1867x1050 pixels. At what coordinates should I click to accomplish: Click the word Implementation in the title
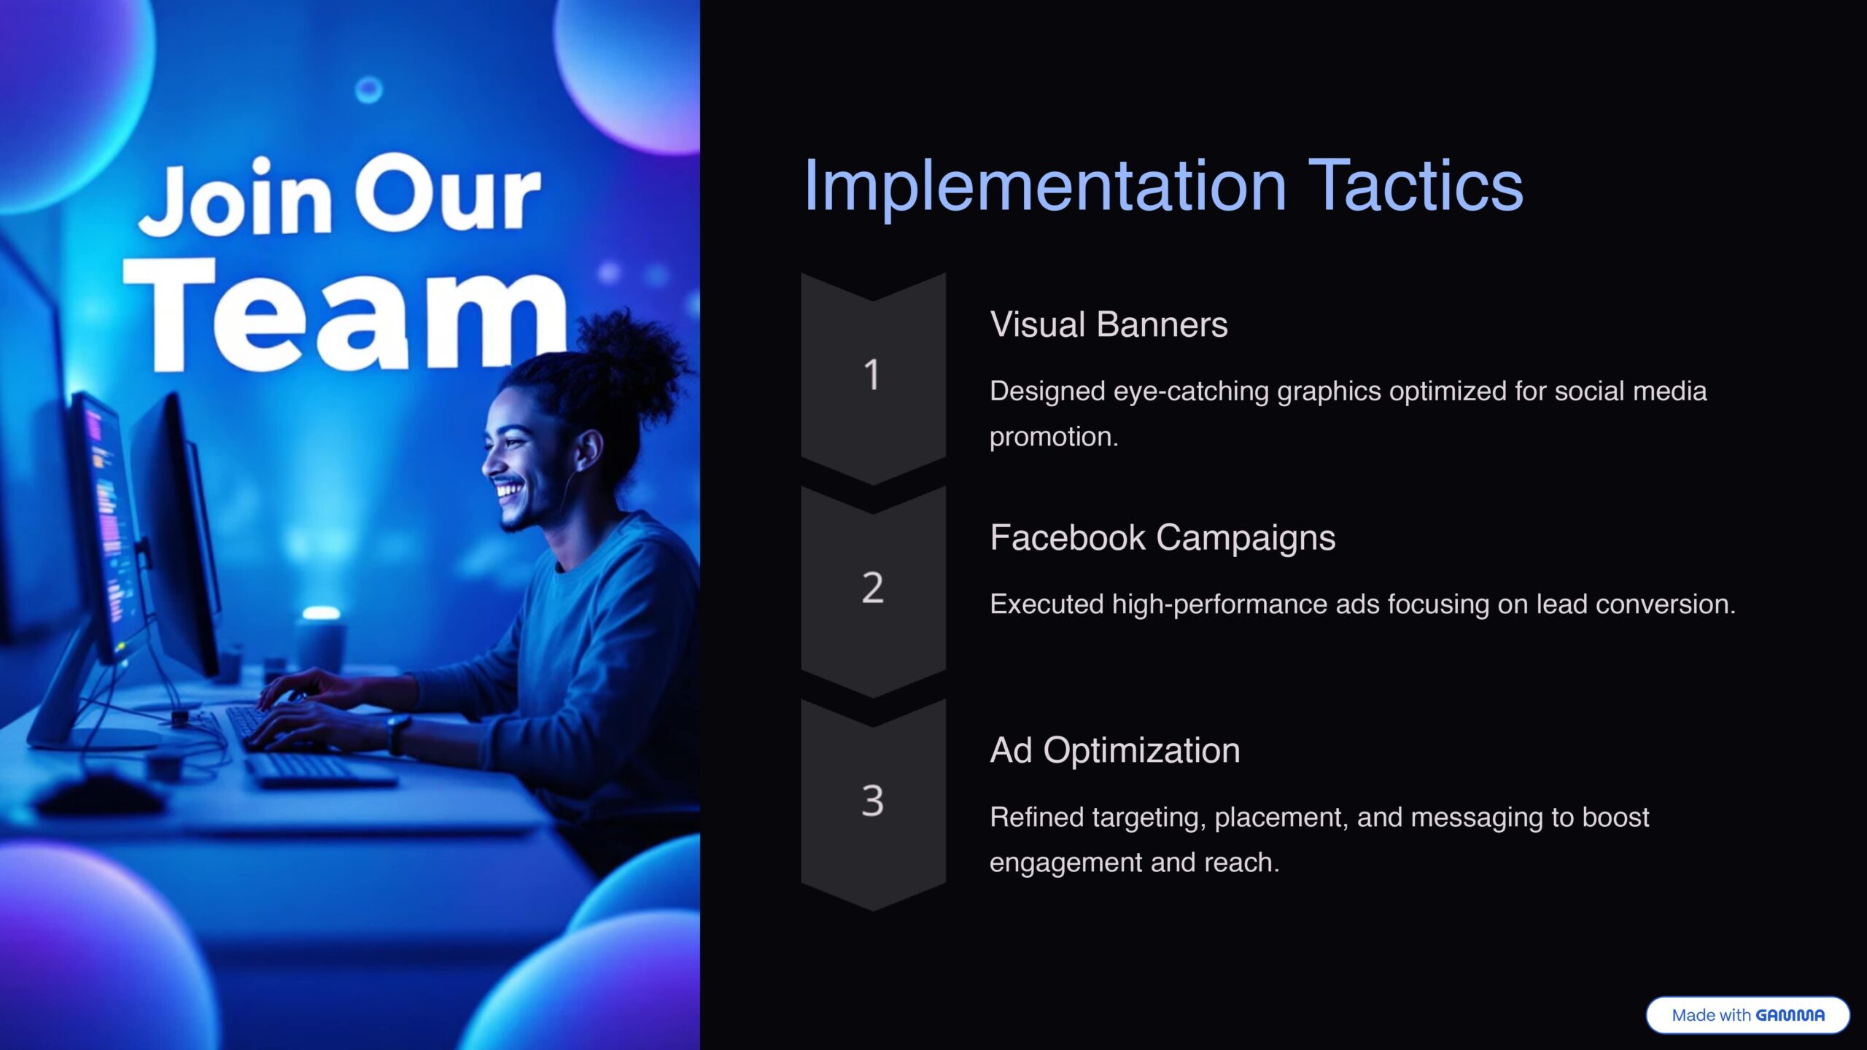pyautogui.click(x=1045, y=187)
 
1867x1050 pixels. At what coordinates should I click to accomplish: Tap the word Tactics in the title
pyautogui.click(x=1416, y=186)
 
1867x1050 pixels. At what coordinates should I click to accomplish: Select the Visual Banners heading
pyautogui.click(x=1109, y=324)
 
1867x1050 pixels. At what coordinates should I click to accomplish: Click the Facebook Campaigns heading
pyautogui.click(x=1162, y=538)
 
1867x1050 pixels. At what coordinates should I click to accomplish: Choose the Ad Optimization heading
pyautogui.click(x=1114, y=751)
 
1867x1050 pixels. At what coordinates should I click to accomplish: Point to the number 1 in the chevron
pyautogui.click(x=872, y=375)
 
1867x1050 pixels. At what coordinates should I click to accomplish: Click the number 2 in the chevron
pyautogui.click(x=872, y=588)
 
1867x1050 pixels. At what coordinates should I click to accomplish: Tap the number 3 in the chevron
pyautogui.click(x=872, y=801)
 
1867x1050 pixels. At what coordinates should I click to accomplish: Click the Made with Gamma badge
pyautogui.click(x=1747, y=1015)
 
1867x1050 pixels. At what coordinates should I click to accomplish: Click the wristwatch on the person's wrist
pyautogui.click(x=398, y=733)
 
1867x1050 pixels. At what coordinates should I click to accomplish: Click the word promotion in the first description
pyautogui.click(x=1053, y=437)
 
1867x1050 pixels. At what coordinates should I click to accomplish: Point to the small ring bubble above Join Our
pyautogui.click(x=368, y=90)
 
